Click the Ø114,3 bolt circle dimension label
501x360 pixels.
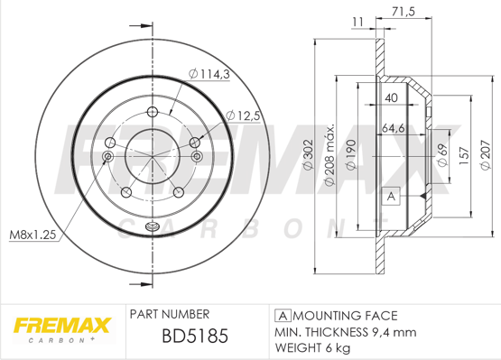point(209,74)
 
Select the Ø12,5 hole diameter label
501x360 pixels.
point(243,115)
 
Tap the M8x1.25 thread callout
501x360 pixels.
point(32,235)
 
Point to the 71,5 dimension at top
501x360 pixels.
point(403,12)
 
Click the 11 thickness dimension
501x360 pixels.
point(357,22)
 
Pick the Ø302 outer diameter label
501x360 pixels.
point(308,154)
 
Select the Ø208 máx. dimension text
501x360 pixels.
point(329,154)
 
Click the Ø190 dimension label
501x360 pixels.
point(351,154)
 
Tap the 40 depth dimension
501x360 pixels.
point(391,97)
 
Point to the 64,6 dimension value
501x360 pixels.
point(394,128)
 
